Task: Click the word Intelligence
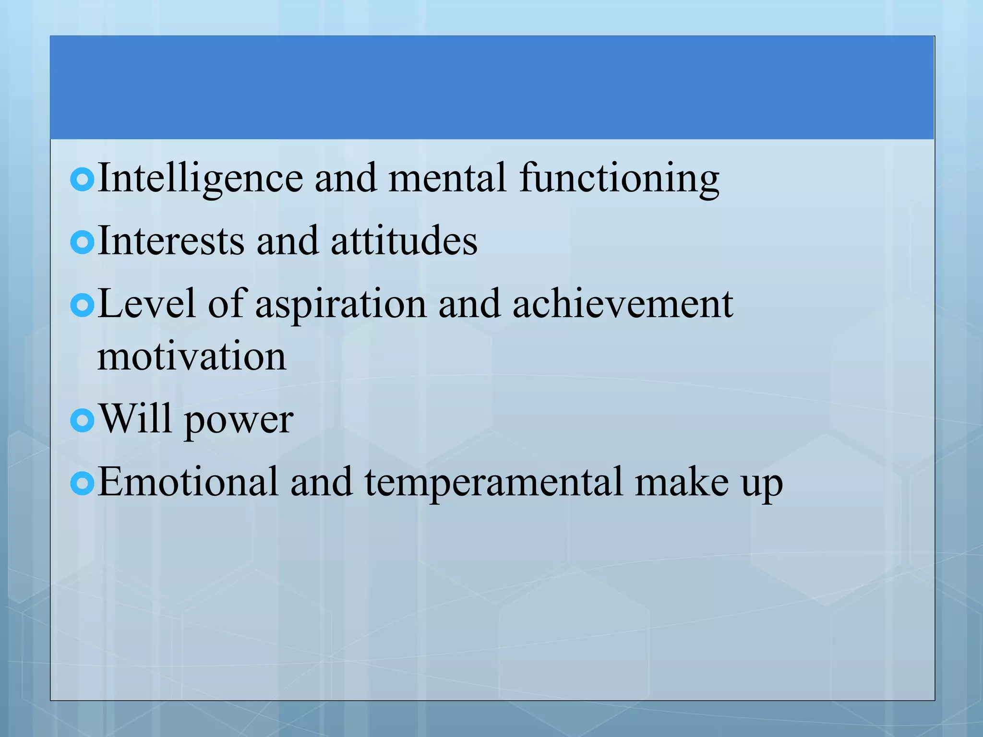tap(200, 178)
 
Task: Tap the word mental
tap(447, 178)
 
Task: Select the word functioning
tap(619, 178)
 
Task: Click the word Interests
tap(171, 241)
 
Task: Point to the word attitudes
tap(404, 241)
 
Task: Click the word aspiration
tap(341, 304)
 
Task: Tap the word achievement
tap(623, 304)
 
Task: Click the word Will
tap(135, 419)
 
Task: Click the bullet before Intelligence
tap(82, 179)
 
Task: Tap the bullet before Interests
tap(82, 242)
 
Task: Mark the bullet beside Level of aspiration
tap(82, 305)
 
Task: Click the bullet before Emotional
tap(82, 484)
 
